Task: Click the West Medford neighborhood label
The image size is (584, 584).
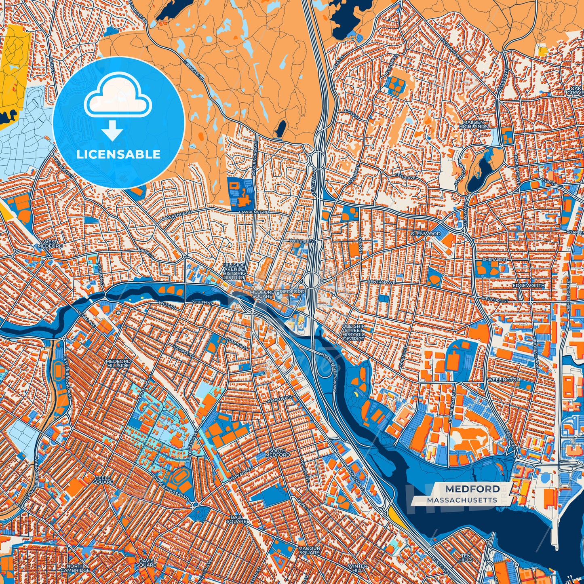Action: pos(50,244)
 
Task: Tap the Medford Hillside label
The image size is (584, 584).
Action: pos(118,363)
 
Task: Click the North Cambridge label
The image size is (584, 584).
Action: pos(75,568)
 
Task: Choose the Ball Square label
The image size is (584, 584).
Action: pos(236,519)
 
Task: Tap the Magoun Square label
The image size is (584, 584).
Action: pos(309,550)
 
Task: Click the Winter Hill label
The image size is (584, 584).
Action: pos(357,568)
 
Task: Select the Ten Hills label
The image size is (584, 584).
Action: pos(466,558)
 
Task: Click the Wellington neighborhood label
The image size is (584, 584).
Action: pos(503,380)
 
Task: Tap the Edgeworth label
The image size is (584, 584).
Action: pos(528,285)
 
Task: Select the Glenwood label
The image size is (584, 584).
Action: pos(425,234)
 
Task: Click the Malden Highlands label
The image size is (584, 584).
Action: pos(473,124)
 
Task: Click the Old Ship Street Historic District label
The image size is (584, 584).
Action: pos(353,332)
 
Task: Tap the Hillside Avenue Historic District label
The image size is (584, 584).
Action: pos(234,271)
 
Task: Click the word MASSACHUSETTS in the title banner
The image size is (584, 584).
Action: pos(462,500)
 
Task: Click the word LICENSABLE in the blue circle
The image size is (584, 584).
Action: pos(118,154)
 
